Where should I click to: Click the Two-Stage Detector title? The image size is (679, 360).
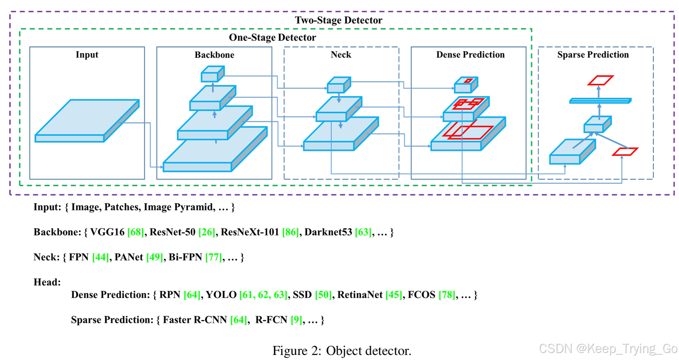(x=338, y=20)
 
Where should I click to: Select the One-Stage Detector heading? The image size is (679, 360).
(x=272, y=37)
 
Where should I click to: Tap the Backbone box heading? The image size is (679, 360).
(x=214, y=55)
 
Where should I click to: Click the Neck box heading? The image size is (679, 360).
(x=341, y=55)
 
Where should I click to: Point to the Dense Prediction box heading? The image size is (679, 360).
(x=470, y=55)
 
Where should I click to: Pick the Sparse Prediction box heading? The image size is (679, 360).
(x=593, y=55)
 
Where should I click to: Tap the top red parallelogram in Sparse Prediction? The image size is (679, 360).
(x=600, y=80)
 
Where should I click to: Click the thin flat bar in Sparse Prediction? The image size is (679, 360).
(x=600, y=101)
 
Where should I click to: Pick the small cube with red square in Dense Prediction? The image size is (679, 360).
(x=466, y=85)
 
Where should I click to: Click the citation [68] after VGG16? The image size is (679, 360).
(x=136, y=232)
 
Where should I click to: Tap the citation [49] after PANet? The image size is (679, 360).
(x=155, y=257)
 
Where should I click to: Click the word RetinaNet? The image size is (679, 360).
(x=360, y=295)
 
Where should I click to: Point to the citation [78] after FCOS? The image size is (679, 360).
(x=447, y=295)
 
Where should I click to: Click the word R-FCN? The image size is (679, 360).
(x=271, y=320)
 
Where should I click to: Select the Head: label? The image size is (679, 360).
(x=47, y=282)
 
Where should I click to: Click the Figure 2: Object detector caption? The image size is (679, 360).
(x=341, y=351)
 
